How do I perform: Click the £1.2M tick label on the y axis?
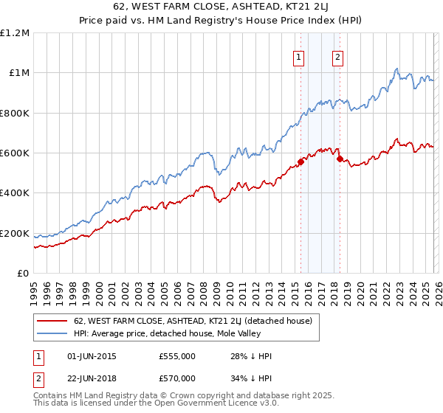coord(16,32)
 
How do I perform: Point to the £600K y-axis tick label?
coord(15,153)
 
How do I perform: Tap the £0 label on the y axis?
coord(22,273)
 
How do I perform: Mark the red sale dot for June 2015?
coord(301,162)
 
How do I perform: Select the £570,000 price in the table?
coord(176,380)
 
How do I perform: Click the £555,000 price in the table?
coord(176,356)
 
